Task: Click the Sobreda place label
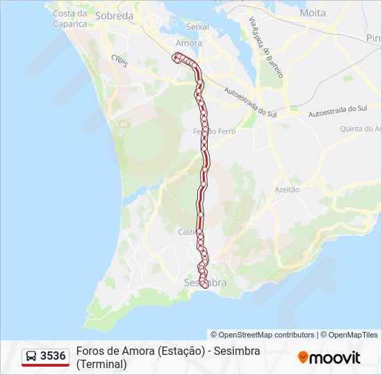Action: coord(114,15)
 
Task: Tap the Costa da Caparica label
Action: coord(70,18)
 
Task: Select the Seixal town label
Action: coord(198,26)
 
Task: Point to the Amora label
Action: coord(189,42)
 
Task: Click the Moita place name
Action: coord(313,12)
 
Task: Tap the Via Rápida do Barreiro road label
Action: coord(267,47)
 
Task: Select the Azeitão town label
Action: coord(288,189)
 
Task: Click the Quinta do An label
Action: coord(360,128)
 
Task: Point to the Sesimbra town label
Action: coord(206,283)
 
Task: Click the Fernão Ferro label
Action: coord(214,131)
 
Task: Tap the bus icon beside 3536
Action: coord(31,356)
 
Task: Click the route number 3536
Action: coord(53,356)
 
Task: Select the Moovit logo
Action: coord(329,358)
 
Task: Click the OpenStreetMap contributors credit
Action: coord(263,335)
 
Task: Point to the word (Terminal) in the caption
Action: coord(102,363)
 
